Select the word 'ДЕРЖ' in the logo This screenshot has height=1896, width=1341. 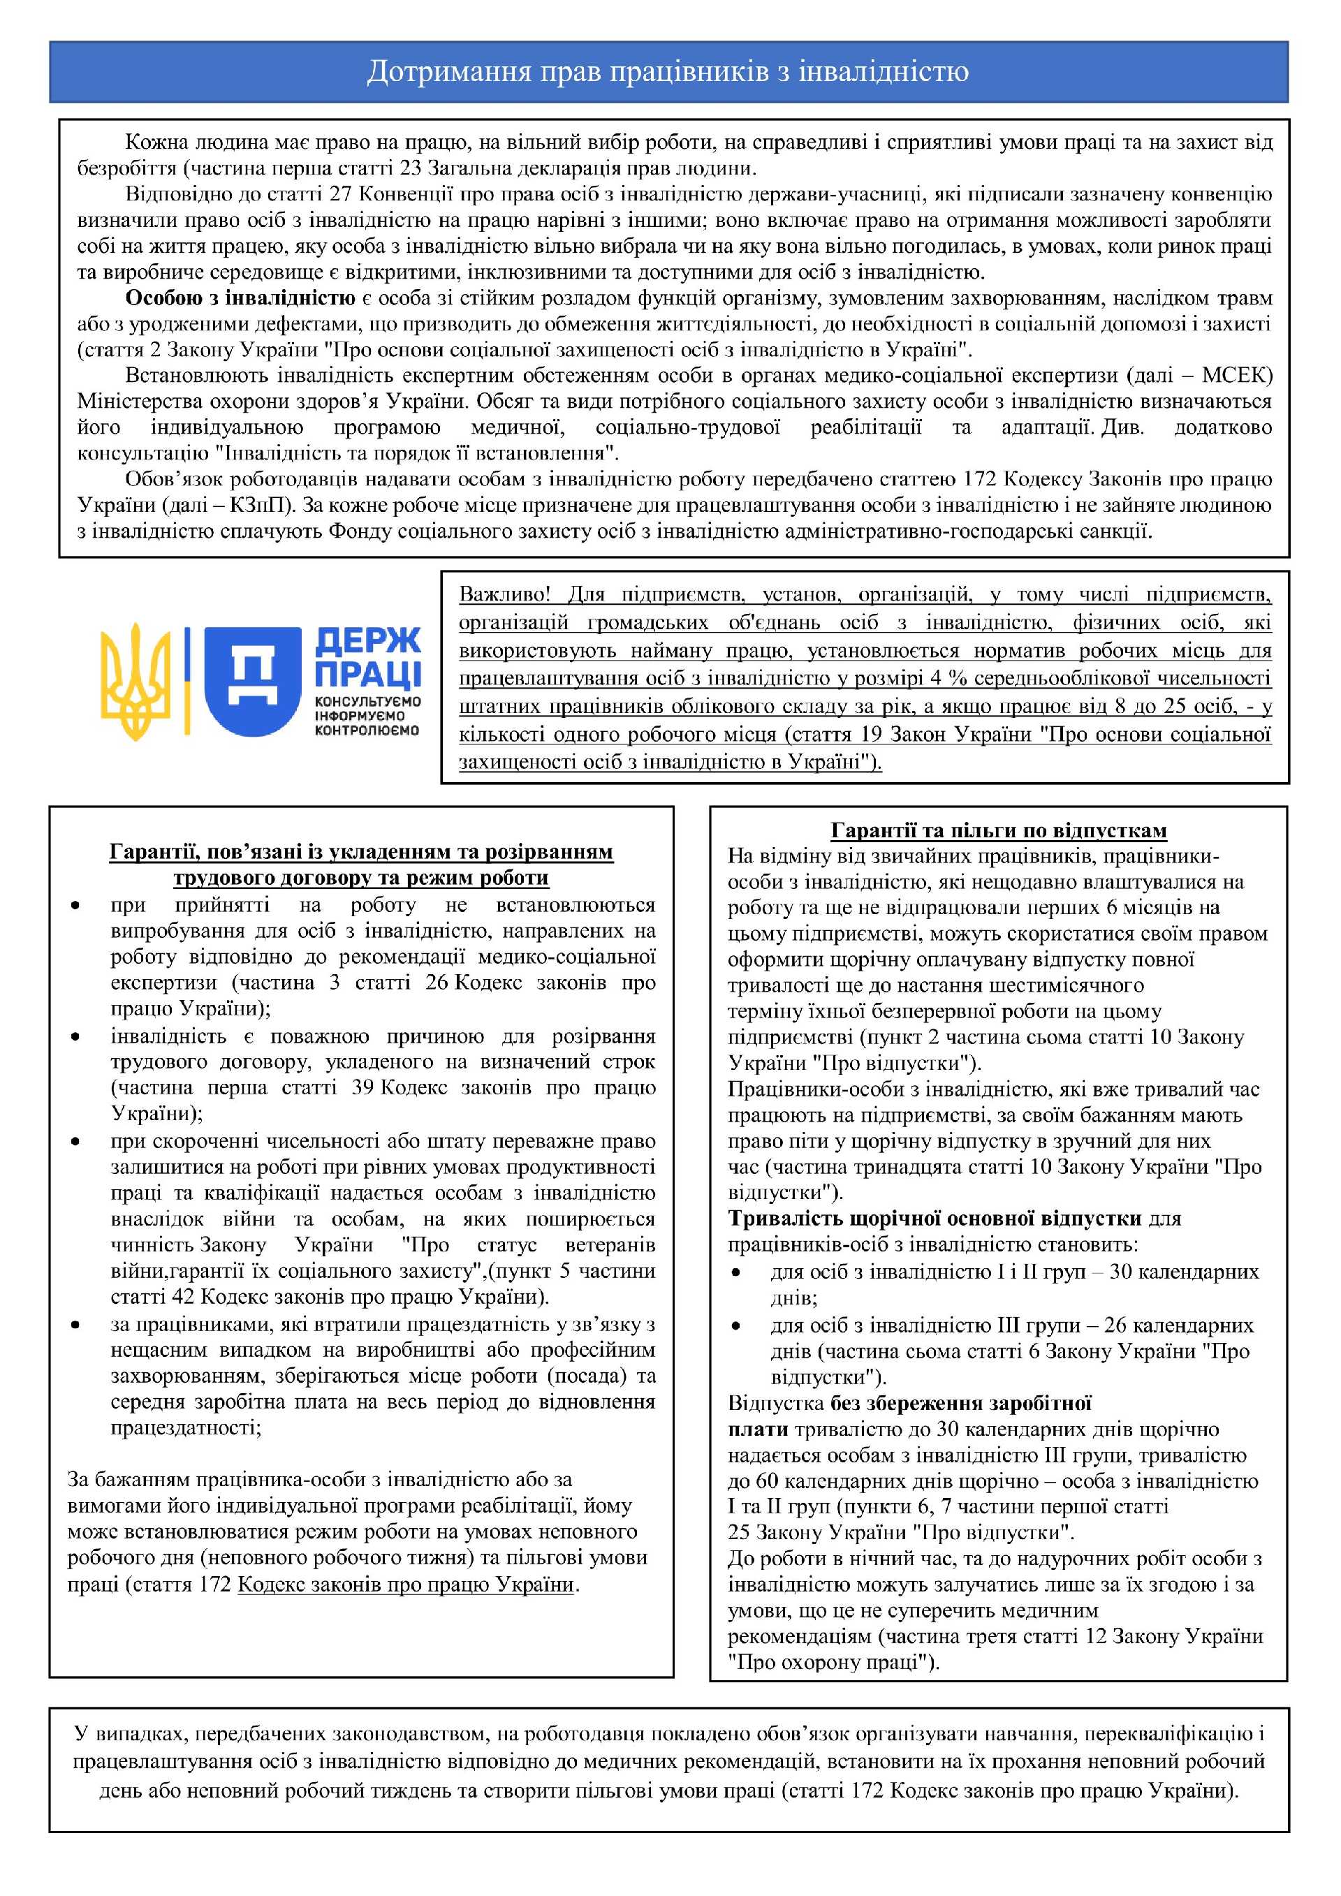pos(367,642)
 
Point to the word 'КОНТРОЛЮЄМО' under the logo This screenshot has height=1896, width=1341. pos(367,730)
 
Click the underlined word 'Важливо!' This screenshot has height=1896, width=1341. pos(504,594)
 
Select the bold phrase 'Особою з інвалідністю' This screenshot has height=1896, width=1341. pos(240,298)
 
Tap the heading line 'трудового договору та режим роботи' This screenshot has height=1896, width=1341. pos(361,877)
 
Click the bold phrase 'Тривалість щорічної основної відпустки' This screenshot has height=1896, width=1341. pos(934,1218)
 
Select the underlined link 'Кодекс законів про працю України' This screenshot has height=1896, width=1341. pos(405,1585)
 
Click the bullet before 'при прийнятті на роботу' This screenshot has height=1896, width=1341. pos(75,906)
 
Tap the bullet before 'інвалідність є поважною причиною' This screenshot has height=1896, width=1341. pos(75,1037)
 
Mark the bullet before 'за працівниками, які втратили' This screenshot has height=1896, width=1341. pos(75,1325)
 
